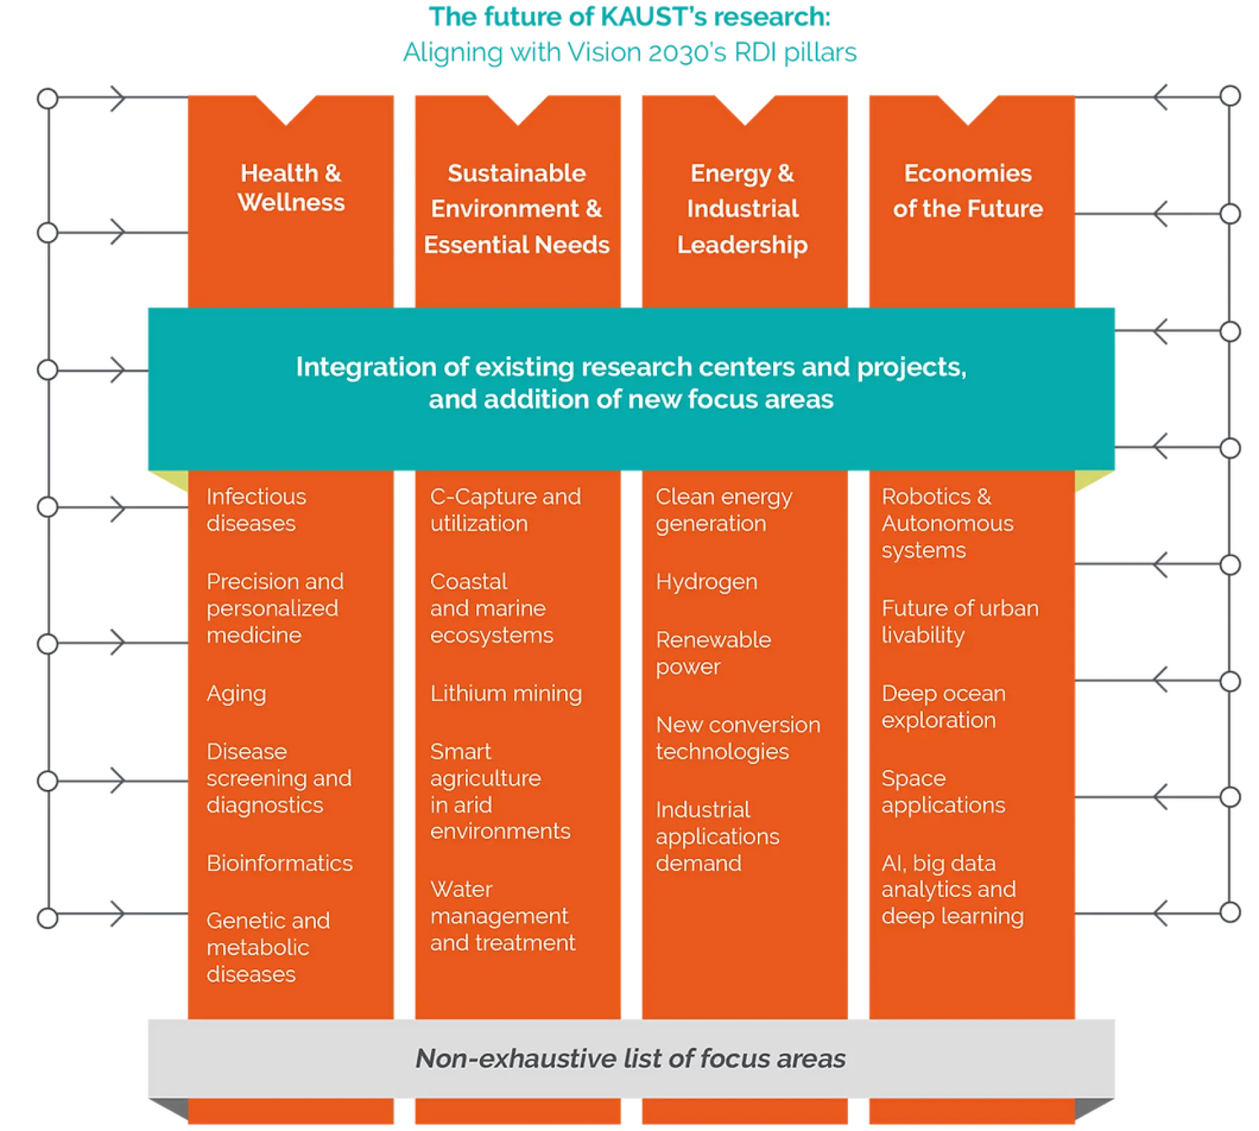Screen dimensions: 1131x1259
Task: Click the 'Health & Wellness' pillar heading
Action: [x=291, y=188]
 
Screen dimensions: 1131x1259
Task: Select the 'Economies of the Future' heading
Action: [x=968, y=191]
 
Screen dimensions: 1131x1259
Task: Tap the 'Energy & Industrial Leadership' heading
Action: [x=742, y=209]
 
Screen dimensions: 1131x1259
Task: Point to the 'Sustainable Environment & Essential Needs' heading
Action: [x=517, y=209]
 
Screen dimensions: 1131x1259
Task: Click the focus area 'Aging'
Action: [x=236, y=694]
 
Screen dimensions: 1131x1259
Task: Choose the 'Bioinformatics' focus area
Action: [x=279, y=863]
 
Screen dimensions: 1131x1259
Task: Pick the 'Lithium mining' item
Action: [x=506, y=694]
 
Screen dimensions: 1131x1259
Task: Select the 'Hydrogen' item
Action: [x=706, y=582]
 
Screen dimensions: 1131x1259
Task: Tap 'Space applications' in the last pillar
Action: [x=943, y=791]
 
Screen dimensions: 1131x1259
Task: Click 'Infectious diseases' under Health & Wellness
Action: [x=256, y=510]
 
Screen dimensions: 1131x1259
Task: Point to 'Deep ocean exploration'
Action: [x=943, y=707]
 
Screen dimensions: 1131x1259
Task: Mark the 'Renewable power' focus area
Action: [x=713, y=653]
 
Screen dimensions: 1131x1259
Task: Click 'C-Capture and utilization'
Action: [x=505, y=510]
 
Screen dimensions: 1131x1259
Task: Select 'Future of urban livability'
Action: [x=960, y=622]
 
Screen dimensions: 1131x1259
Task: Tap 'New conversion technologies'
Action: [x=738, y=738]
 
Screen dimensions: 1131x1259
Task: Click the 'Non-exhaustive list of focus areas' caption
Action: [x=630, y=1059]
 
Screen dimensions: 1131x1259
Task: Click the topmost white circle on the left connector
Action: [x=47, y=99]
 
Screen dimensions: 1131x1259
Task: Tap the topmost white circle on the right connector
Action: [x=1230, y=96]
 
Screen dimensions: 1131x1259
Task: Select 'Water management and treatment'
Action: [x=503, y=916]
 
